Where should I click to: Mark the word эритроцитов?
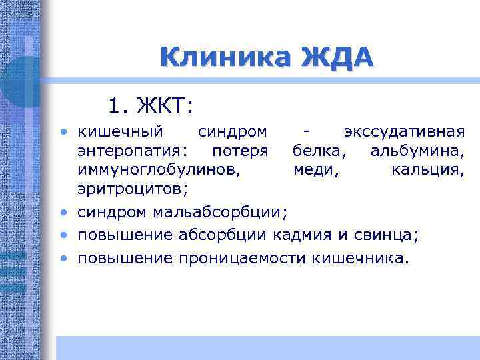(x=133, y=191)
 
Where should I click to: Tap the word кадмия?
(x=307, y=235)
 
